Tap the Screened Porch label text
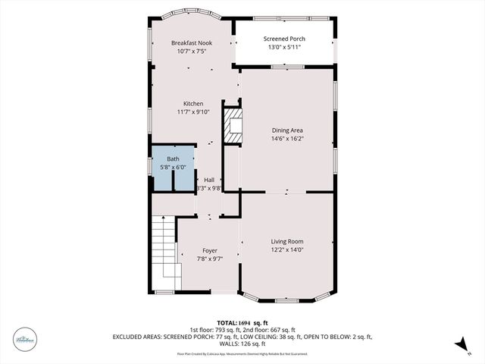click(x=283, y=39)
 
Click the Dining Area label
click(x=286, y=130)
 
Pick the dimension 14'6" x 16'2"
click(x=286, y=139)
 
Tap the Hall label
click(x=209, y=180)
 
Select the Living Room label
click(x=287, y=241)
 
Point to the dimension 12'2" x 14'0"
click(x=287, y=249)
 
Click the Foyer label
click(x=210, y=250)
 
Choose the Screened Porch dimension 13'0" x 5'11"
click(x=283, y=48)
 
